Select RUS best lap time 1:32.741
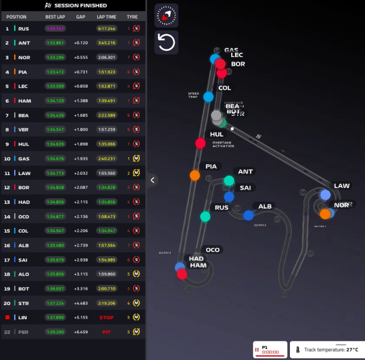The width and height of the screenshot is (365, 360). click(55, 28)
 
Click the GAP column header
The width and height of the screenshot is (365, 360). click(81, 17)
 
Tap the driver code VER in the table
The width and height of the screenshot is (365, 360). click(24, 129)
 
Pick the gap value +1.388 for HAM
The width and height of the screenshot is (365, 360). click(81, 101)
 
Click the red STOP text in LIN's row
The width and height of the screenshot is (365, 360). click(107, 317)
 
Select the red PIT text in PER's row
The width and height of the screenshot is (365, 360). click(107, 331)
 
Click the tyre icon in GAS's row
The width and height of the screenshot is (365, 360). click(137, 158)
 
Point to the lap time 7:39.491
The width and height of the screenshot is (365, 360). click(107, 101)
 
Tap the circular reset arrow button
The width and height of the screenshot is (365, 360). click(166, 42)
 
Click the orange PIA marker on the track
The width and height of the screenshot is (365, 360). click(195, 175)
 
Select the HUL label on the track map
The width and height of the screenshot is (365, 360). click(216, 134)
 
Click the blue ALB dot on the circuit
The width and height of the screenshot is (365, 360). click(249, 215)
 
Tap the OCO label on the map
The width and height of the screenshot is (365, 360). click(213, 250)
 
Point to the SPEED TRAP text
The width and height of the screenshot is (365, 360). click(194, 95)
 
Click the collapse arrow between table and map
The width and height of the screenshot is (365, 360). click(153, 179)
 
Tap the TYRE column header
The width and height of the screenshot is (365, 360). click(133, 17)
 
